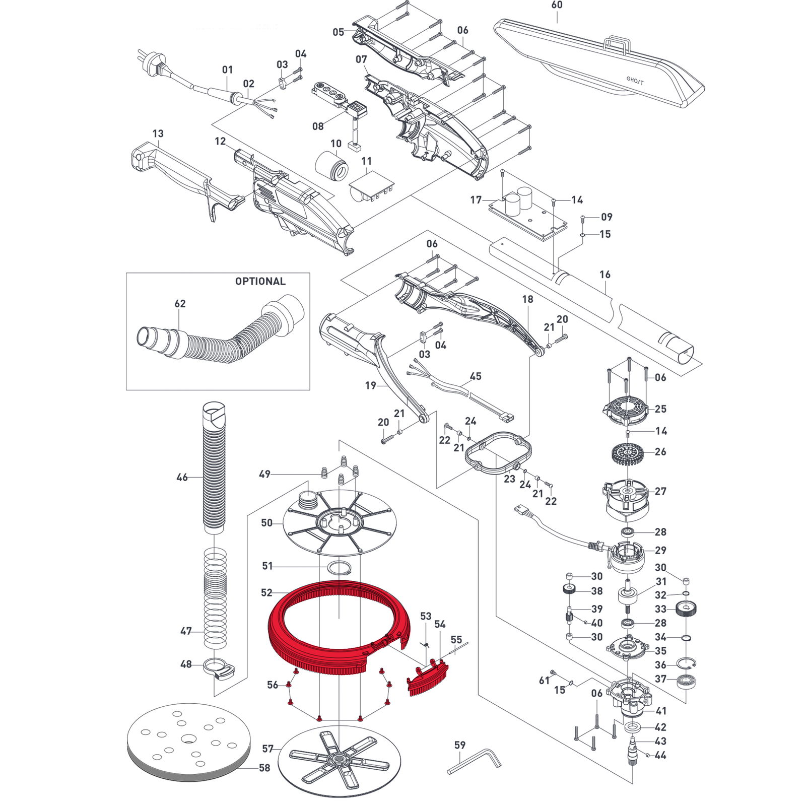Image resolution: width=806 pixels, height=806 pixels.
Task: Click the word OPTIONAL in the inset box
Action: coord(260,281)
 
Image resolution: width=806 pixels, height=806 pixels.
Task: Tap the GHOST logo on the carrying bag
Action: coord(635,80)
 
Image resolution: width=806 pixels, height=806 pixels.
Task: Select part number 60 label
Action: coord(557,5)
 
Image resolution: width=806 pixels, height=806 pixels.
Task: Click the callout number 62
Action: coord(180,304)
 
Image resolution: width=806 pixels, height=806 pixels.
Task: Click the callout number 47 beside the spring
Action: coord(186,631)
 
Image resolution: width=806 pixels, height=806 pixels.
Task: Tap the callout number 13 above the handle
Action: coord(158,133)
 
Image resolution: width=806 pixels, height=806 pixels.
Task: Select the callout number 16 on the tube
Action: coord(604,275)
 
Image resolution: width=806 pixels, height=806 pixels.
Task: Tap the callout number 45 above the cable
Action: coord(475,376)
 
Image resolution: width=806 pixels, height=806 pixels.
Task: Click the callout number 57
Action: coord(267,749)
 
